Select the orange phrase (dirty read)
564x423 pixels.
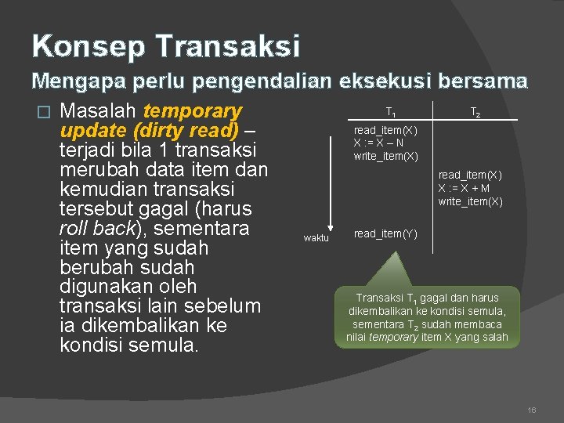[188, 130]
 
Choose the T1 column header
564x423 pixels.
[390, 111]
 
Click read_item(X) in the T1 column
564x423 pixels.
[385, 130]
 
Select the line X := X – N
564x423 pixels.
[379, 143]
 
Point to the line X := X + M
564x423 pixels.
[464, 188]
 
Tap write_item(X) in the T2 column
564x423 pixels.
[470, 201]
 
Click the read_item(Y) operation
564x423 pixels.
[385, 233]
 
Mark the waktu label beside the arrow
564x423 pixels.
[316, 238]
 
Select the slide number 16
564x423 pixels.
[533, 409]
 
